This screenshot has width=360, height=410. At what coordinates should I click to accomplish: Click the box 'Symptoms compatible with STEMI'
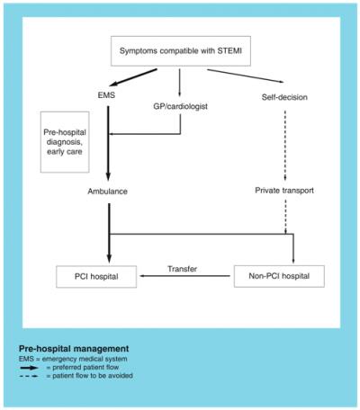[180, 50]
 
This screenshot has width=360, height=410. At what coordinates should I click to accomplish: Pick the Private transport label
[284, 191]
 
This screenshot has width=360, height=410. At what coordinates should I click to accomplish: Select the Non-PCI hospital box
[279, 273]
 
